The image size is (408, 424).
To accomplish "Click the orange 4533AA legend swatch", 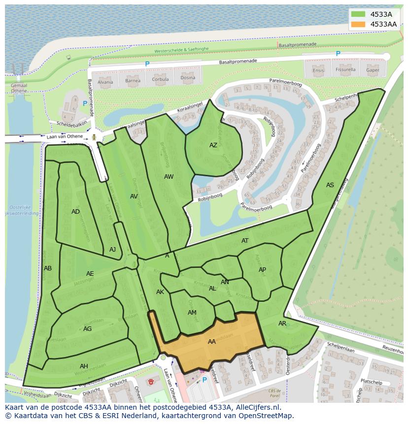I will tap(359, 24).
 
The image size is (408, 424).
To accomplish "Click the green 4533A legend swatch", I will tap(359, 14).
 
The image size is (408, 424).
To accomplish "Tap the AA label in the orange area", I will tap(212, 342).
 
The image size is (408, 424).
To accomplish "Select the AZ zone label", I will tap(213, 145).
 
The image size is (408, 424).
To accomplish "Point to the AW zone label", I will tap(169, 177).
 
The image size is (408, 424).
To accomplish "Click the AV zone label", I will tap(134, 196).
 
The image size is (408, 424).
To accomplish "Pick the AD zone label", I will tap(75, 212).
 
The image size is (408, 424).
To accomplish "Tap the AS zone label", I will tap(330, 185).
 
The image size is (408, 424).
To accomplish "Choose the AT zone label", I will tap(245, 241).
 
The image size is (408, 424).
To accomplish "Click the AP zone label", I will tap(262, 270).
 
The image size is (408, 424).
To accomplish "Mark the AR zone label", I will tap(282, 324).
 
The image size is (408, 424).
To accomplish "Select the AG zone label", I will tap(87, 329).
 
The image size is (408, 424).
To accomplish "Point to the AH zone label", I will tap(84, 366).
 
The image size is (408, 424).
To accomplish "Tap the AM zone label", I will tap(192, 313).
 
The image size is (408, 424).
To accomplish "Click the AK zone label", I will tap(160, 292).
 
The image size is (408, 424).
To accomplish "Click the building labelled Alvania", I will tap(105, 81).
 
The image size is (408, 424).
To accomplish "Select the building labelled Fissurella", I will tap(345, 70).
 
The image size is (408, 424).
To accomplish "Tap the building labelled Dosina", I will tap(187, 78).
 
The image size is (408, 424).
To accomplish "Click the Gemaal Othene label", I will tap(19, 88).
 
